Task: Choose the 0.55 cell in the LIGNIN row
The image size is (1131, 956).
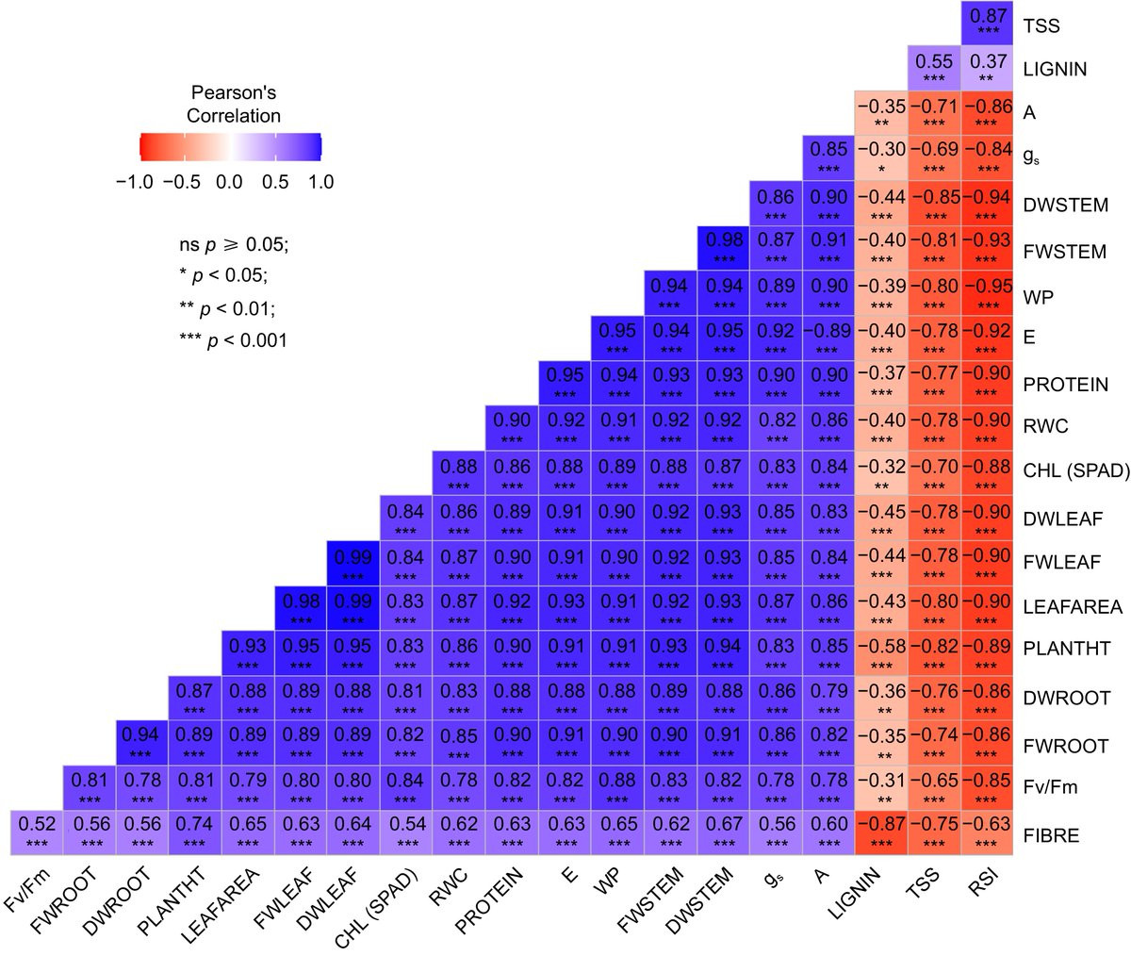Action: coord(934,68)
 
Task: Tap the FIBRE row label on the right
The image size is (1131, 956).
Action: coord(1052,835)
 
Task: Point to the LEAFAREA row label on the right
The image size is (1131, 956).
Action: coord(1072,607)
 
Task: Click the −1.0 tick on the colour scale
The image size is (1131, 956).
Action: coord(134,181)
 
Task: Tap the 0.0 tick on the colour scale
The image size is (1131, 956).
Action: coord(229,181)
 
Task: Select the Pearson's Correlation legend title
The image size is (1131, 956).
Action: coord(234,105)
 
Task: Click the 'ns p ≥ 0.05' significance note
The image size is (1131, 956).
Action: coord(227,245)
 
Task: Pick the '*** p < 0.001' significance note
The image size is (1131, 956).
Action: coord(227,339)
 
